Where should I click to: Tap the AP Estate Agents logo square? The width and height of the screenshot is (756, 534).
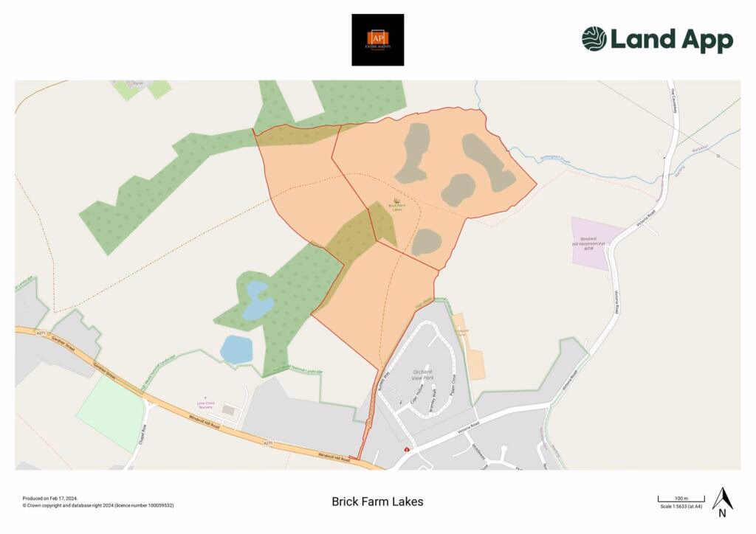pos(377,40)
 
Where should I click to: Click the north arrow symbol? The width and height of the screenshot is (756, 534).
pos(722,500)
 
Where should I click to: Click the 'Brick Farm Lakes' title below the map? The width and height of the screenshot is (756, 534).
pos(377,502)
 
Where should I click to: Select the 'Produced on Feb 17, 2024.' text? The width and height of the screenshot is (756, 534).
pos(50,499)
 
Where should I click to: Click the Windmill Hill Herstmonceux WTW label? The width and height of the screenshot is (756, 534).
pos(588,243)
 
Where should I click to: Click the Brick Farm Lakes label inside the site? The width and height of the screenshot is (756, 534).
pos(397,207)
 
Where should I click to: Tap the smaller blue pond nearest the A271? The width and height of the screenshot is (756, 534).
pos(236,349)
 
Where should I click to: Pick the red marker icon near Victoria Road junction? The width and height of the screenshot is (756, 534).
pos(406,449)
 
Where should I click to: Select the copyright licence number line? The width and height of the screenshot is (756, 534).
pos(98,505)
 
